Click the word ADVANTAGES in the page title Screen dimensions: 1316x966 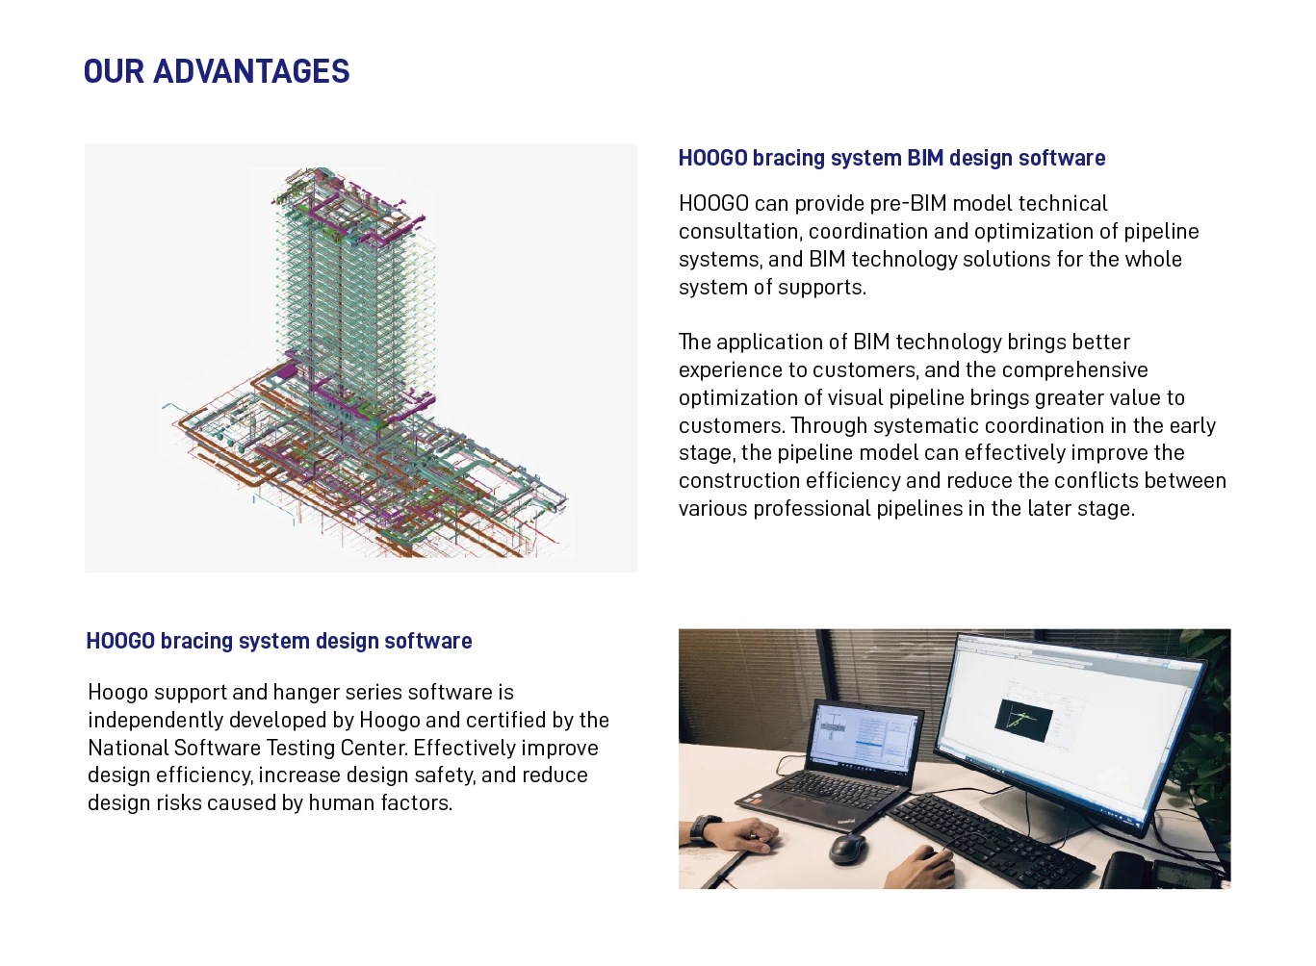(251, 72)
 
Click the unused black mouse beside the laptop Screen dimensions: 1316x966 (847, 848)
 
